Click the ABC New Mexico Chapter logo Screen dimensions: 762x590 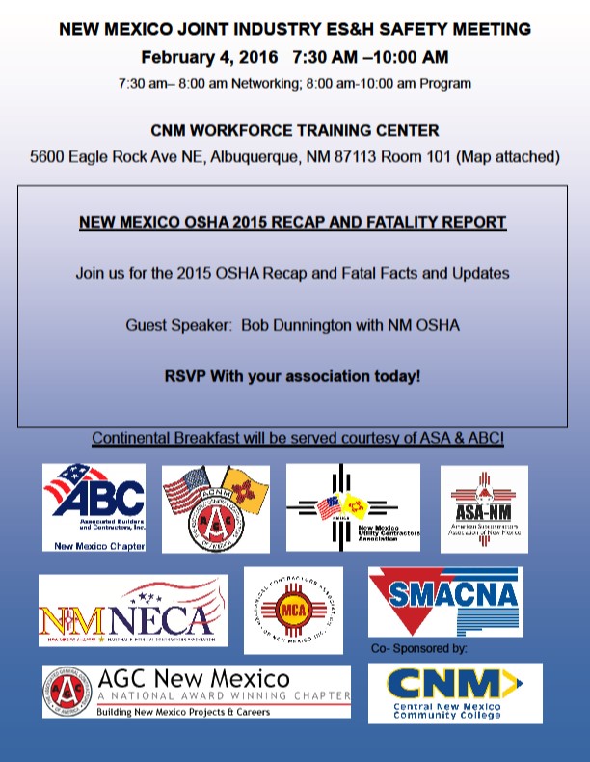click(x=94, y=507)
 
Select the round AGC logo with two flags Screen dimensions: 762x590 click(x=215, y=509)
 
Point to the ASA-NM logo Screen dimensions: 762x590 click(x=484, y=508)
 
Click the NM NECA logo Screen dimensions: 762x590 click(x=133, y=611)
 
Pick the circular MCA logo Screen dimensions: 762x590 click(x=293, y=610)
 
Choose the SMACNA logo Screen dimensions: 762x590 click(x=445, y=601)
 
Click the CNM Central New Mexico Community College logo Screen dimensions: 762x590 click(x=455, y=693)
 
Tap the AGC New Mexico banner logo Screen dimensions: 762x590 click(x=196, y=692)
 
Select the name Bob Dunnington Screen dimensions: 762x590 click(x=299, y=325)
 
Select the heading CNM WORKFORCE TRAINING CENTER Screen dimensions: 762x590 click(x=294, y=130)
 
